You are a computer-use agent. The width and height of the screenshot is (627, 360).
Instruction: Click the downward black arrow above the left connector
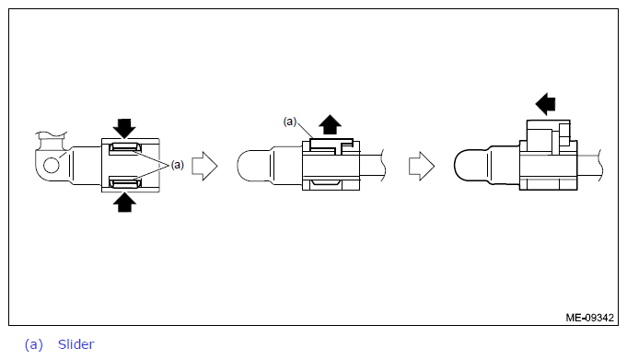(x=124, y=128)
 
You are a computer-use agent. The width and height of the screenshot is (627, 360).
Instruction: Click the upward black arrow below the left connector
(x=124, y=203)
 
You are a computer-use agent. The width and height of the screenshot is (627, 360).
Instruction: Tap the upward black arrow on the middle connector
(x=330, y=124)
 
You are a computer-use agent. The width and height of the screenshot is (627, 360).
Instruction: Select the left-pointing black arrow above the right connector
(x=545, y=104)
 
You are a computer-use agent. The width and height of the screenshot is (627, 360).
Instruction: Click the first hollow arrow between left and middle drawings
(x=204, y=166)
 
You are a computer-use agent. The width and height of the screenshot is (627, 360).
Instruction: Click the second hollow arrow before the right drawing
(x=422, y=166)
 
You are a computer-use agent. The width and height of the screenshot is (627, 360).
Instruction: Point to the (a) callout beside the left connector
(x=177, y=165)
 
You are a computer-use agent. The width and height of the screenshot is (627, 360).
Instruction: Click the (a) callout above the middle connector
(x=290, y=122)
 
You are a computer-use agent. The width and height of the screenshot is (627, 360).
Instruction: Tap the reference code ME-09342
(x=589, y=318)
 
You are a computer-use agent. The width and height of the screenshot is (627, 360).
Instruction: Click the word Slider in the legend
(x=76, y=344)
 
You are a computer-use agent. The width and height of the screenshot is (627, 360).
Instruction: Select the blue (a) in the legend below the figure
(x=33, y=344)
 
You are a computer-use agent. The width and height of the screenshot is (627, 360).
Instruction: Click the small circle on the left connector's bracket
(x=52, y=165)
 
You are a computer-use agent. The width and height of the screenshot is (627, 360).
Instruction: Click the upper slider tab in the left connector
(x=125, y=148)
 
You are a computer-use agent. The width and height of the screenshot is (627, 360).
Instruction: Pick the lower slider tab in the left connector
(x=125, y=183)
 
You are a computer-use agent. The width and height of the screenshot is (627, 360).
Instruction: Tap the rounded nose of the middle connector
(x=253, y=166)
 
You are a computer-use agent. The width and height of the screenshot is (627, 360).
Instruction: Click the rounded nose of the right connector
(x=470, y=165)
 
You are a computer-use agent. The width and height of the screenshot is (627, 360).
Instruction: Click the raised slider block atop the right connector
(x=548, y=136)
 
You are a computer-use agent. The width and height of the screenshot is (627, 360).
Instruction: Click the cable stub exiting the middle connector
(x=372, y=166)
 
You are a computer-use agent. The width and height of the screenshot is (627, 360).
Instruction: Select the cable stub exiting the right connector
(x=590, y=165)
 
